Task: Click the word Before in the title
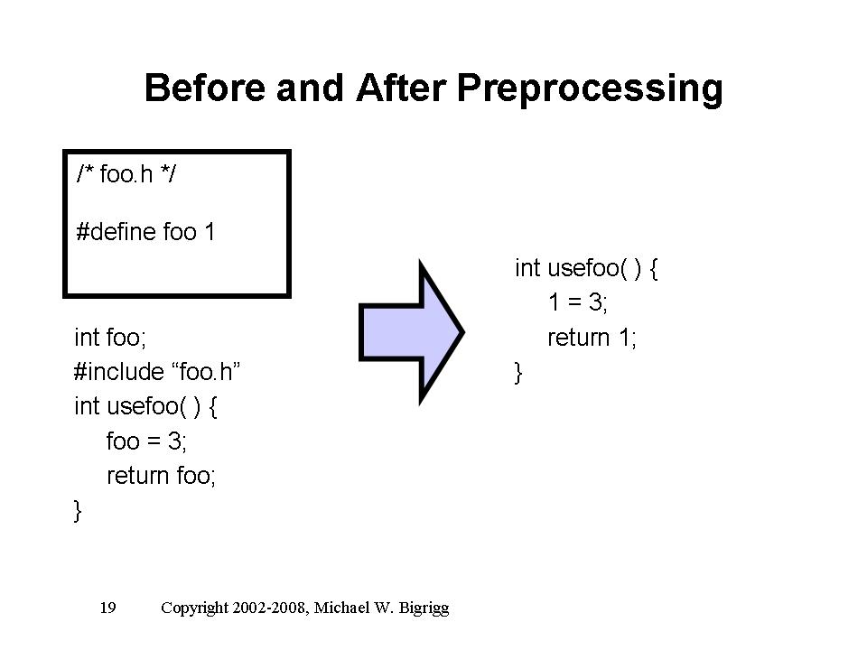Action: point(205,88)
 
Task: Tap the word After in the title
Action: point(401,88)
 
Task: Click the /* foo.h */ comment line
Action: point(126,174)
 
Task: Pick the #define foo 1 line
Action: point(145,232)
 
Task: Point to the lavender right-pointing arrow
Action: point(412,332)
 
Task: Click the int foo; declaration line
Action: point(110,338)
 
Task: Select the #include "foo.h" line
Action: point(157,372)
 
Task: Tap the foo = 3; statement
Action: point(146,441)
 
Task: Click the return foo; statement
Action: point(161,476)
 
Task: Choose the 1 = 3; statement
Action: point(578,302)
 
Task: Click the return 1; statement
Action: point(592,338)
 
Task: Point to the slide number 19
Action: point(107,608)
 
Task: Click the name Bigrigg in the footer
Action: point(424,608)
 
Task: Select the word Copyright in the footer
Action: point(195,608)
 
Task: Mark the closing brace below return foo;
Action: point(78,511)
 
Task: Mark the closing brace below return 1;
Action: point(518,373)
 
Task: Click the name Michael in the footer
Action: point(341,608)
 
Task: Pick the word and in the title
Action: point(310,88)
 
